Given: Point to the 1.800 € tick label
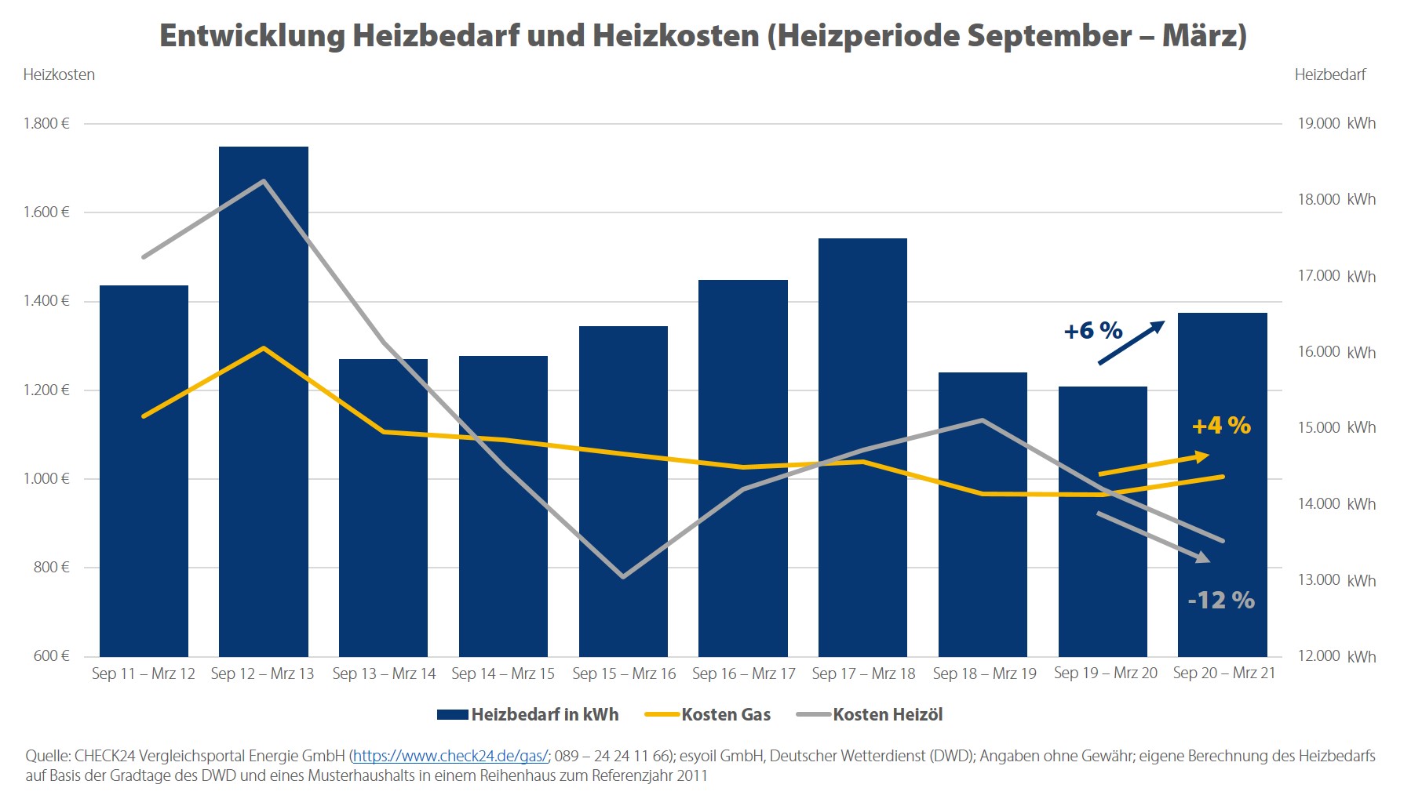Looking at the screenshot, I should pos(46,123).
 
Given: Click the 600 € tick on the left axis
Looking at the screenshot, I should pos(51,655).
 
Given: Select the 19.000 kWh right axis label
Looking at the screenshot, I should pos(1336,123).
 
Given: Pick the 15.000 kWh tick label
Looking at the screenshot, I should pos(1336,427).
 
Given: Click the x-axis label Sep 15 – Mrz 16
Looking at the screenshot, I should pos(624,673).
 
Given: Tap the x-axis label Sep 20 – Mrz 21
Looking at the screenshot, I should pos(1223,673).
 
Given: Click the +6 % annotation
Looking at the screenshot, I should pos(1092,331).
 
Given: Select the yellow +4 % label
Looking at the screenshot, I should pos(1221,426).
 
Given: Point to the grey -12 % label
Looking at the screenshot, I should pos(1221,601).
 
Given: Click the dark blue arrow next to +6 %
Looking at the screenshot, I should pos(1131,343).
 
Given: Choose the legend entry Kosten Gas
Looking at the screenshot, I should pos(725,714).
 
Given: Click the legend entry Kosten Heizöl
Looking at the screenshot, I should pos(887,714).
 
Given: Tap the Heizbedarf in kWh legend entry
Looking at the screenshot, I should pos(544,714).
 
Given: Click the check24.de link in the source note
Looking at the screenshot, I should pos(450,757).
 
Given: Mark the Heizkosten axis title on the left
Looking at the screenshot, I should pos(59,74).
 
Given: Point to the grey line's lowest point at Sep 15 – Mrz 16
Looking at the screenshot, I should pos(623,576).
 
